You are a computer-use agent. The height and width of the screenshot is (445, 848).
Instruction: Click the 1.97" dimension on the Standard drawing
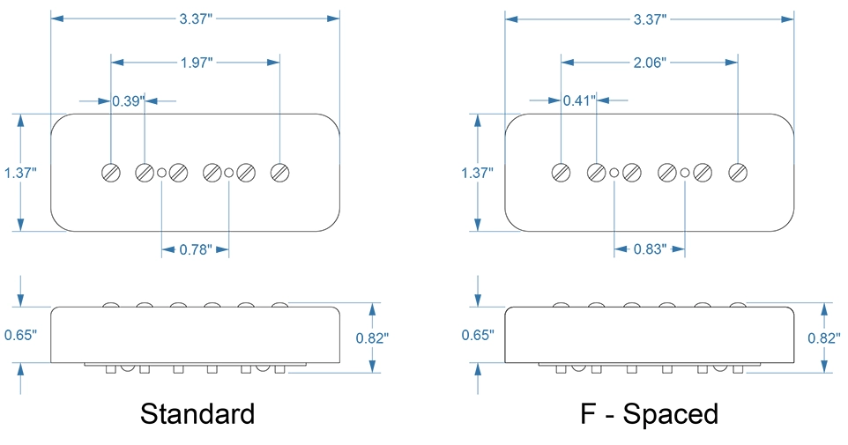point(196,63)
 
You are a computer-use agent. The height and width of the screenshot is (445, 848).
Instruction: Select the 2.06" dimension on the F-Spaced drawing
point(649,63)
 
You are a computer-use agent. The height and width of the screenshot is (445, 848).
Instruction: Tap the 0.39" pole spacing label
point(127,101)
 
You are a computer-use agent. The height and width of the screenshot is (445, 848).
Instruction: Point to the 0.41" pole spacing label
point(579,101)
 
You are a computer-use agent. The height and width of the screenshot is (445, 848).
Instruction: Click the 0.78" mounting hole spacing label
point(195,249)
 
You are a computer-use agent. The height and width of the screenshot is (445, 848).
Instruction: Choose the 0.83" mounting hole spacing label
point(649,249)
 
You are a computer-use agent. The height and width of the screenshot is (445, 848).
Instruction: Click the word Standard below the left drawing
point(197,413)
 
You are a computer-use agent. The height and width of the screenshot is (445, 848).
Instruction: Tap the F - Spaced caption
point(651,413)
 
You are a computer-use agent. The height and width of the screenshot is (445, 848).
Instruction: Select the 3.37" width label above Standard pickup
point(196,19)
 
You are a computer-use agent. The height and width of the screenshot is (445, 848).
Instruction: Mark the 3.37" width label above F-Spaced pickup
point(649,19)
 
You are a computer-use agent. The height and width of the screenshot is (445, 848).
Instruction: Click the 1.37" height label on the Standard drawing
point(19,174)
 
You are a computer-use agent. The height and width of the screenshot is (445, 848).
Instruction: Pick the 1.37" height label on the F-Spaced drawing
point(477,174)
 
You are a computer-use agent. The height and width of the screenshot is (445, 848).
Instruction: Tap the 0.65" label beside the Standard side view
point(19,335)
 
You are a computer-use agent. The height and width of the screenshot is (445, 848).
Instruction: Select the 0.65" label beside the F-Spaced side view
point(477,335)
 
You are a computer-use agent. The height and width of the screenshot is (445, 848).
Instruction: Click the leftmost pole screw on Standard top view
point(111,173)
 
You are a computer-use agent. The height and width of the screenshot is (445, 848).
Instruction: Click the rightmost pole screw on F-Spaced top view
point(738,173)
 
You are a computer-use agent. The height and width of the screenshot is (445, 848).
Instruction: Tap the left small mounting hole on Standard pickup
point(161,173)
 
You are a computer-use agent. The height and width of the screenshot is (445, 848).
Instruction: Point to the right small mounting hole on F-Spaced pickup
point(685,173)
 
